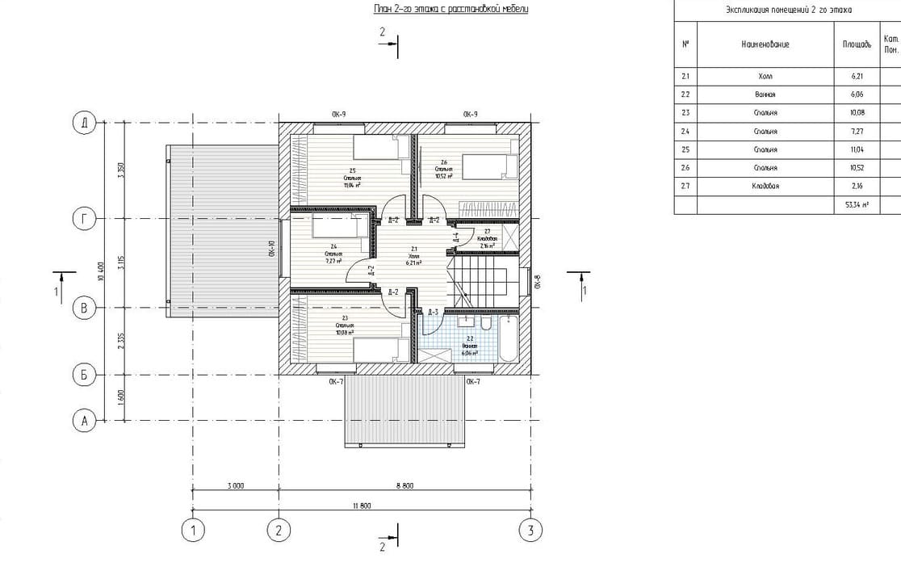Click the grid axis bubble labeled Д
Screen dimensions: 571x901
pos(83,123)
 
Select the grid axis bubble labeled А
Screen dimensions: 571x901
pos(83,420)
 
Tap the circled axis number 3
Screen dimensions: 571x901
pos(530,531)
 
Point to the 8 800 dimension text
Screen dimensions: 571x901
pos(404,485)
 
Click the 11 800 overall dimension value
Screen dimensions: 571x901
pos(361,506)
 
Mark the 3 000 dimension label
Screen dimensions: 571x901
pos(236,485)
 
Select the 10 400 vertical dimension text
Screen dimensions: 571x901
pos(100,271)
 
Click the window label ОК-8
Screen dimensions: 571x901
pos(538,282)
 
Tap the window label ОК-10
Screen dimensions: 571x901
pos(272,250)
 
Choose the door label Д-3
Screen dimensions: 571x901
pos(433,313)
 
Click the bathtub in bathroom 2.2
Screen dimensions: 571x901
pos(509,340)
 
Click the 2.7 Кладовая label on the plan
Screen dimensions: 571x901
pos(487,239)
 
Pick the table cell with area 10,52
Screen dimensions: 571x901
pos(857,168)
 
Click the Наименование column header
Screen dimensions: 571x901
pos(765,44)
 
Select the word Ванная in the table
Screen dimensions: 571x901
pos(765,94)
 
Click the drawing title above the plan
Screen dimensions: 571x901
pos(451,9)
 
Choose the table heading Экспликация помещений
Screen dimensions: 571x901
pos(788,10)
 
